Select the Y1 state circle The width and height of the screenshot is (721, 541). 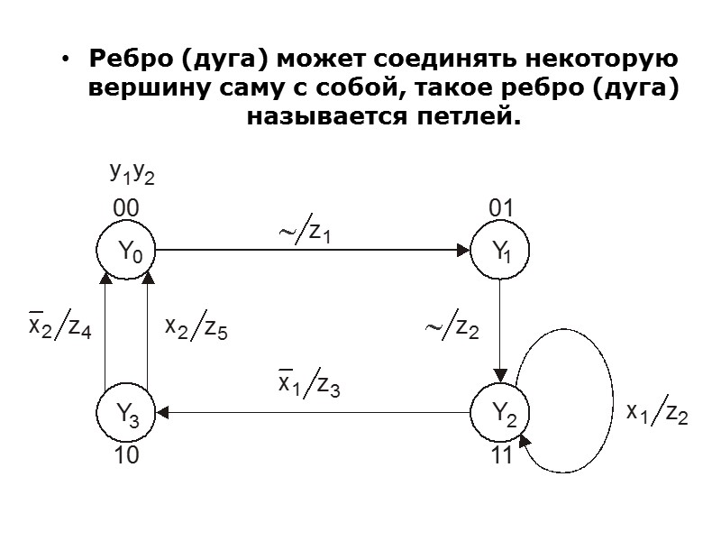pyautogui.click(x=500, y=252)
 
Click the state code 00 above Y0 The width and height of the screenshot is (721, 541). pyautogui.click(x=125, y=209)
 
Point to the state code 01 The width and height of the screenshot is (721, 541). pyautogui.click(x=500, y=209)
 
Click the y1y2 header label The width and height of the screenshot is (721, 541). pyautogui.click(x=132, y=172)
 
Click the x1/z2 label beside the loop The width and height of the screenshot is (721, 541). pyautogui.click(x=657, y=413)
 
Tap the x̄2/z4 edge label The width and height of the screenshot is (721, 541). pyautogui.click(x=59, y=327)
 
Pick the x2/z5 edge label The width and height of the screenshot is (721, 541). pyautogui.click(x=196, y=328)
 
